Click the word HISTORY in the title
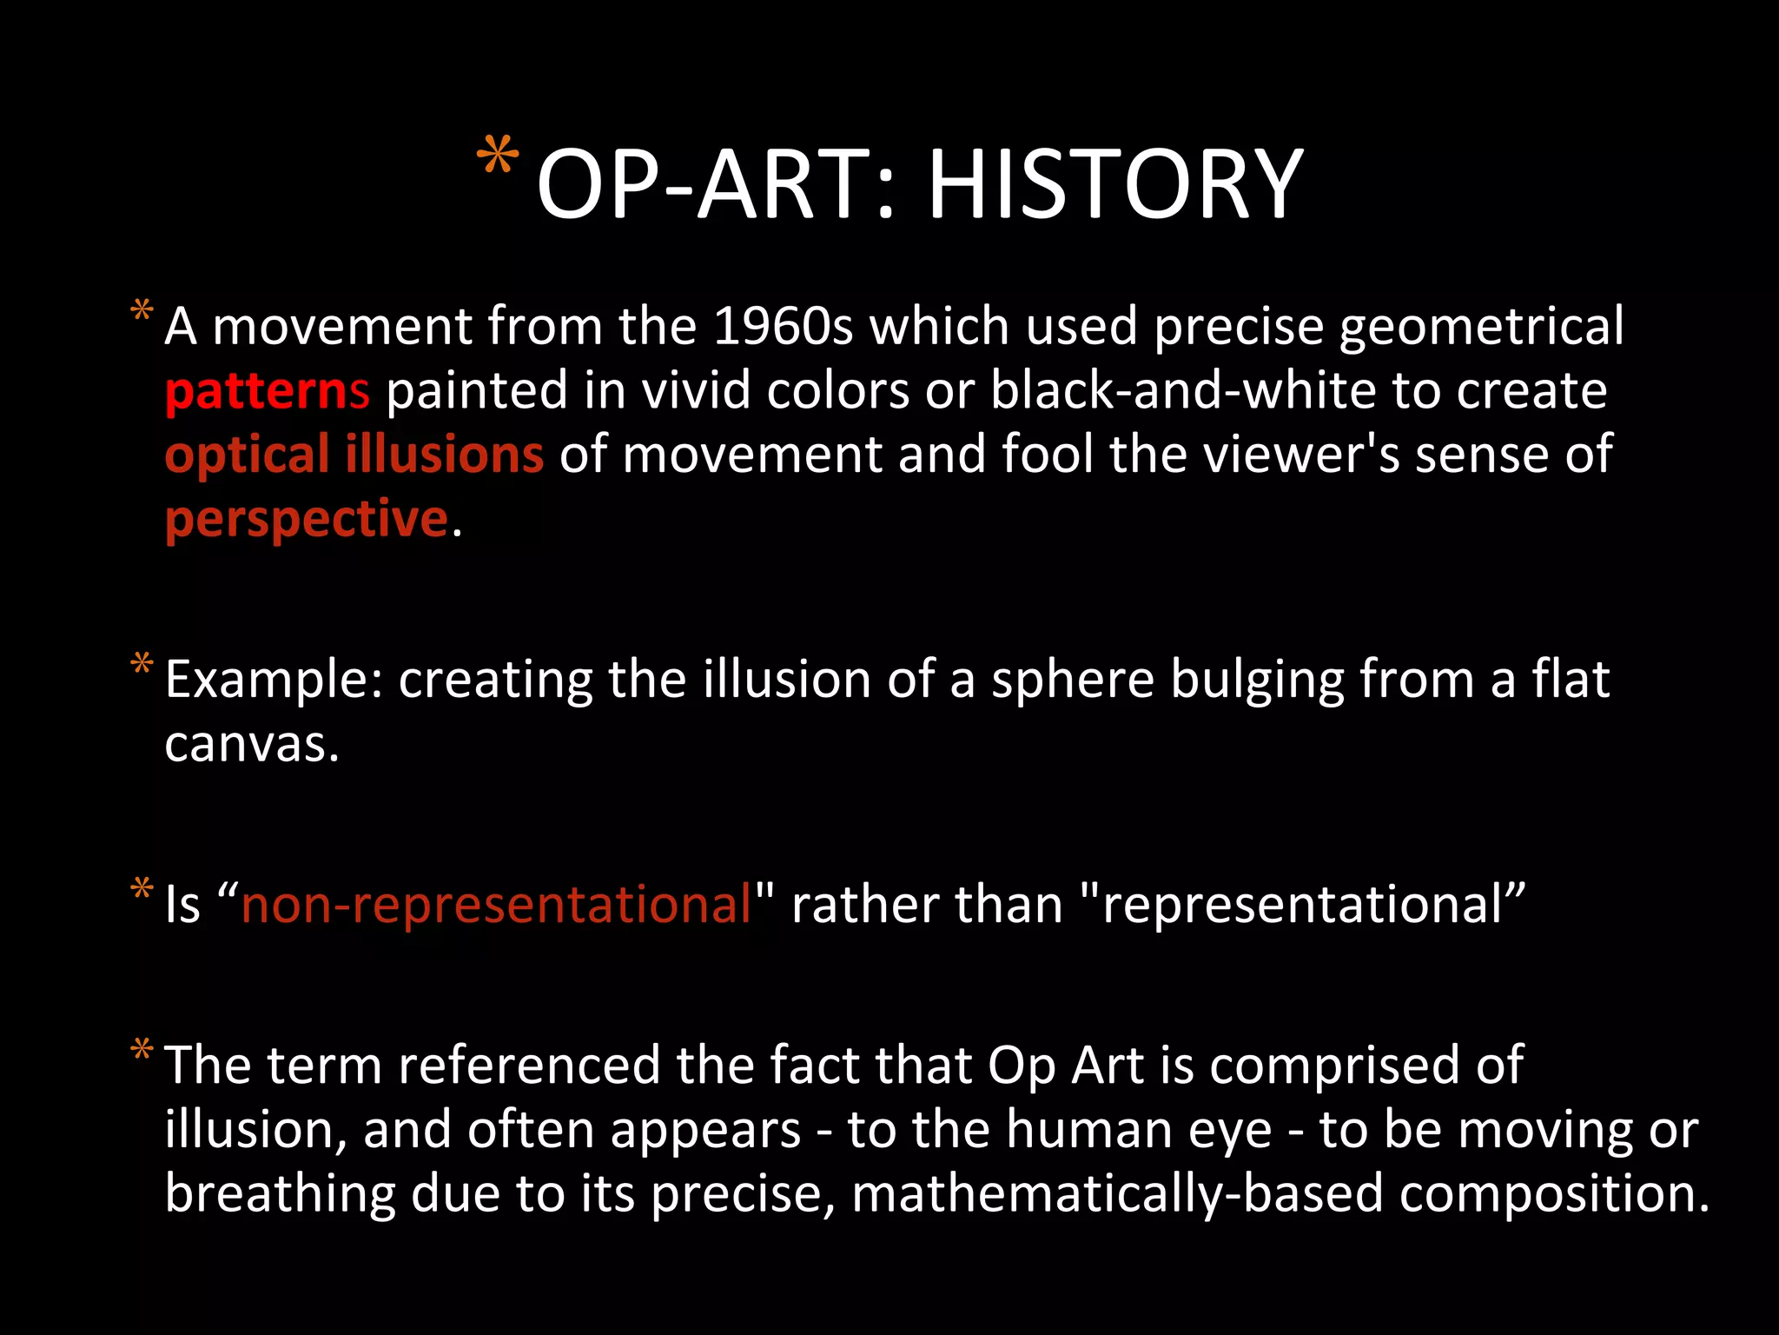[x=1115, y=184]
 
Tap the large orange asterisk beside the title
[x=498, y=157]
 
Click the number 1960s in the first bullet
[x=783, y=327]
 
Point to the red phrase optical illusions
[x=354, y=455]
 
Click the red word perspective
[x=306, y=520]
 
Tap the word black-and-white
[x=1183, y=391]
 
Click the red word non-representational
[x=496, y=905]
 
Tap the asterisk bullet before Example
[x=142, y=666]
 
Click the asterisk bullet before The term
[x=142, y=1051]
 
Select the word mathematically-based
[x=1116, y=1194]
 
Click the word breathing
[x=280, y=1194]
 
